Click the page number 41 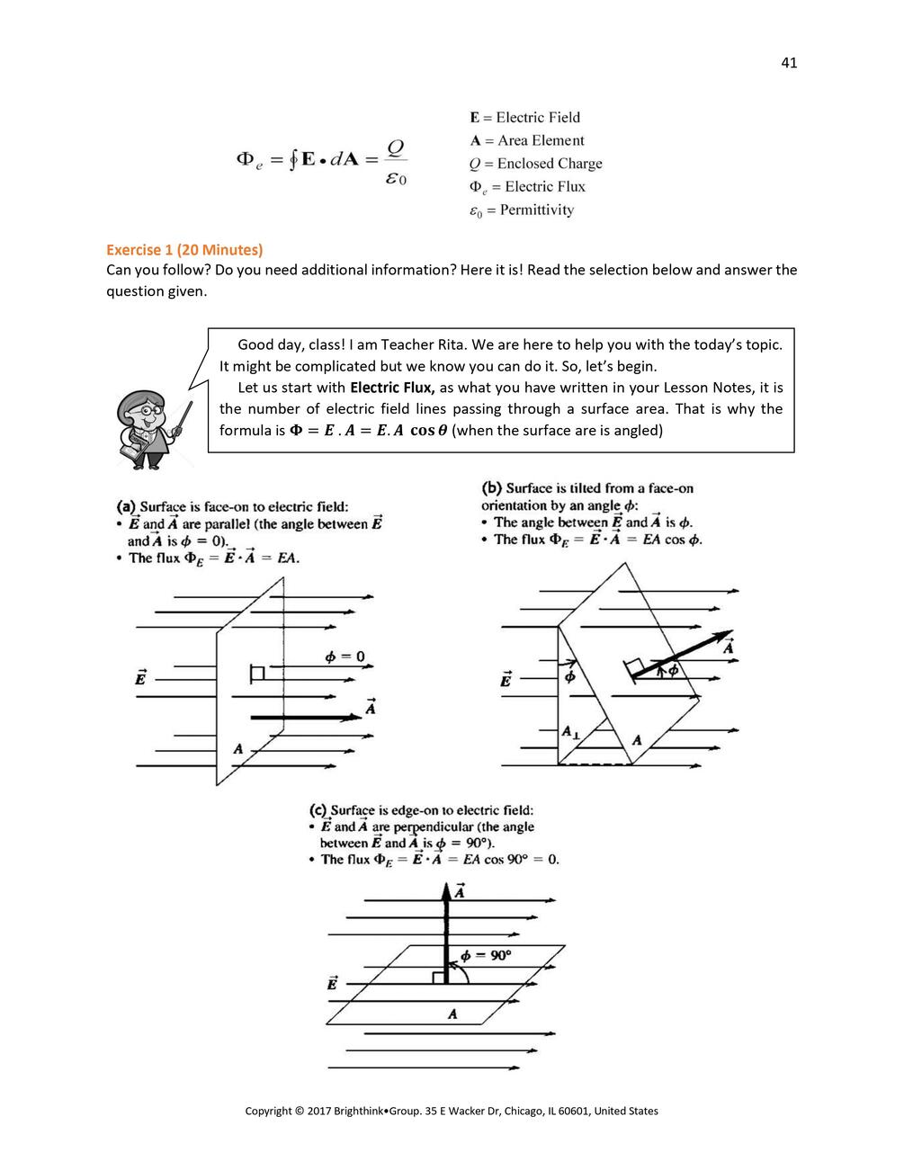(x=789, y=62)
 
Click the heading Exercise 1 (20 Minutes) (x=184, y=249)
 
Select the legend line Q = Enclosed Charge (x=535, y=164)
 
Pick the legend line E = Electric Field (x=524, y=117)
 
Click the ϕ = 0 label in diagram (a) (x=345, y=656)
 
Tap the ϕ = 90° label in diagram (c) (x=486, y=955)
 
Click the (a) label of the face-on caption (x=126, y=506)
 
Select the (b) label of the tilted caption (x=491, y=488)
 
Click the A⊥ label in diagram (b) (x=570, y=733)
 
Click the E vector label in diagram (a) (x=141, y=677)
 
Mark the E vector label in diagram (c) (x=332, y=983)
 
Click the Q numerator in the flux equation (x=396, y=147)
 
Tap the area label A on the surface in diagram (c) (x=452, y=1014)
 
